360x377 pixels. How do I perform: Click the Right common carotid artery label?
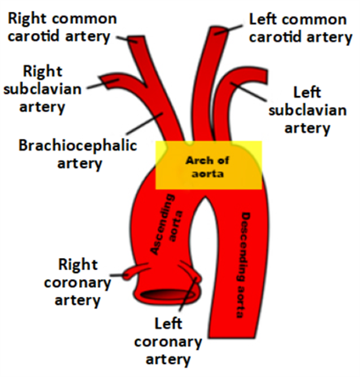coord(62,27)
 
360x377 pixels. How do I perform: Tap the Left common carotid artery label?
coord(301,28)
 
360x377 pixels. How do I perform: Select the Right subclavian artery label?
coord(42,89)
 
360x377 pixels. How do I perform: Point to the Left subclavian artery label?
coord(307,110)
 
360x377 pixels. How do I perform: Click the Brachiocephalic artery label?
coord(78,155)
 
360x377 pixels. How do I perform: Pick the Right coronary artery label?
coord(77,283)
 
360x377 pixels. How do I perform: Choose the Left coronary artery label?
coord(168,342)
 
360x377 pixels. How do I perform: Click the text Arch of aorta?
coord(207,167)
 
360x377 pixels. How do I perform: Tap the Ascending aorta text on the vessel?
coord(166,224)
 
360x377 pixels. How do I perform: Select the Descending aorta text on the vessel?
coord(244,265)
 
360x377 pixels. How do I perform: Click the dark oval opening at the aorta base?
coord(168,295)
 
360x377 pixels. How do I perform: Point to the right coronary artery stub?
coord(134,272)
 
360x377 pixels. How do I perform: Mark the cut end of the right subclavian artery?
coord(105,82)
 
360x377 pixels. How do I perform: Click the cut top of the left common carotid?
coord(219,30)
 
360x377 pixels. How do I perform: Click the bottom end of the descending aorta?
coord(233,336)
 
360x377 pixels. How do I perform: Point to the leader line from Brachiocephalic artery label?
coord(145,123)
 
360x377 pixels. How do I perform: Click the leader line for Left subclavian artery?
coord(249,92)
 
